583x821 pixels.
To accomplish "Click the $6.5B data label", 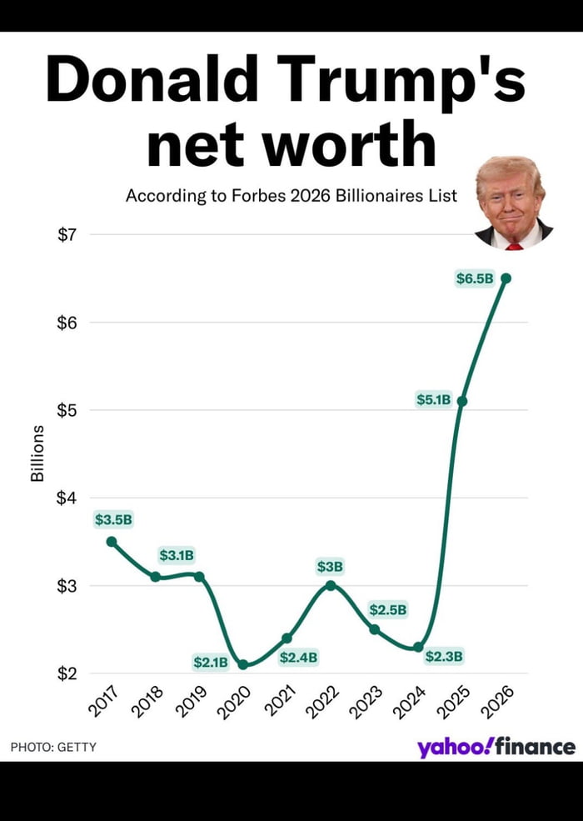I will click(x=475, y=279).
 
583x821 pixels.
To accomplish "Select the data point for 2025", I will click(x=462, y=401).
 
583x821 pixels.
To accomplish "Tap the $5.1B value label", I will click(x=433, y=400).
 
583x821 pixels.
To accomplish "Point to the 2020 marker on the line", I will click(x=243, y=664).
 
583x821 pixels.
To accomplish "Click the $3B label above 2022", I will click(x=330, y=567).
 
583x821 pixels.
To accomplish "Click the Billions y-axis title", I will click(x=37, y=453).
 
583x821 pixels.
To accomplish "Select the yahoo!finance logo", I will click(x=496, y=747).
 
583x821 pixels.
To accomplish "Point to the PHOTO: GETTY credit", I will click(x=53, y=747).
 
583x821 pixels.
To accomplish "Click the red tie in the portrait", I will click(x=514, y=245).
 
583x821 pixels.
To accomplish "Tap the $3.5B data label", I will click(x=113, y=520).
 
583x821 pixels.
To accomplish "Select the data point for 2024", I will click(x=418, y=647).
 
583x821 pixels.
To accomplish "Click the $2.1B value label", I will click(x=210, y=663).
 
